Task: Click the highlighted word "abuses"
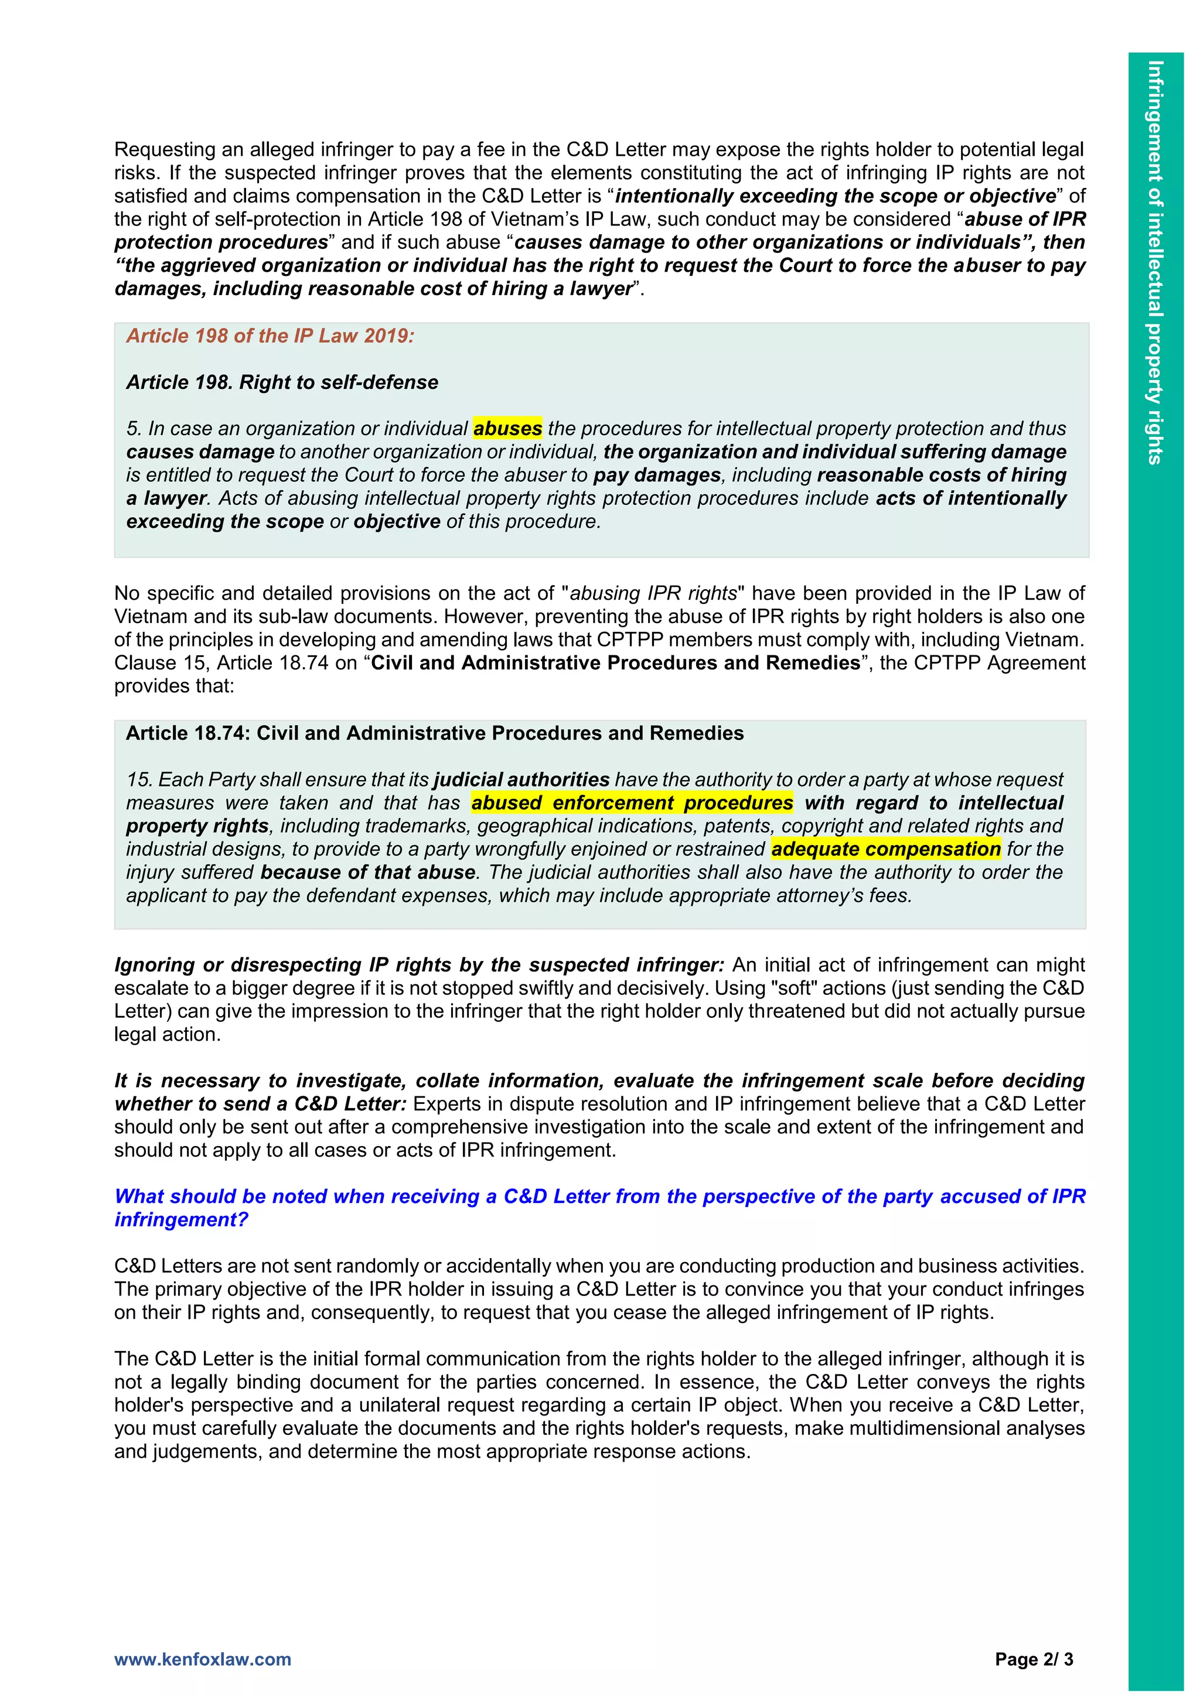pos(507,429)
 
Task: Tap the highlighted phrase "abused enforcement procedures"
pos(632,803)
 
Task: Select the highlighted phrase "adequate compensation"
pos(885,849)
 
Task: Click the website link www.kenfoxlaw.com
pos(203,1659)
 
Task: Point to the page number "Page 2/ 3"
pos(1034,1659)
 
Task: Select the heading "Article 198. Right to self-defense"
pos(282,382)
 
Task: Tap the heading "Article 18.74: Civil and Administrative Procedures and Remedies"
pos(435,733)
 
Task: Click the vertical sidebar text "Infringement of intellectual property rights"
pos(1155,262)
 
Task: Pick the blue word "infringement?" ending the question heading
pos(181,1219)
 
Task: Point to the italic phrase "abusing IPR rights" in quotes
pos(653,593)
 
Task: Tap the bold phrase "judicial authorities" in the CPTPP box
pos(521,779)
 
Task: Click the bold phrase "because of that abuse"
pos(368,873)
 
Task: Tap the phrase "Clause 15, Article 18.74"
pos(221,662)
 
